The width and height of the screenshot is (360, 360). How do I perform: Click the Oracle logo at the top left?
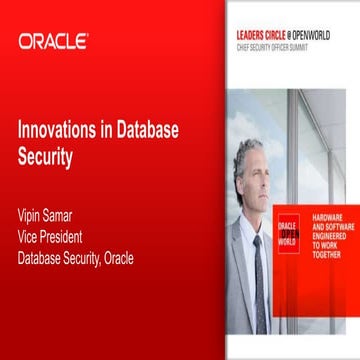pos(53,42)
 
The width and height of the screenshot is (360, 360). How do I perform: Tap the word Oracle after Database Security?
pos(142,260)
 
